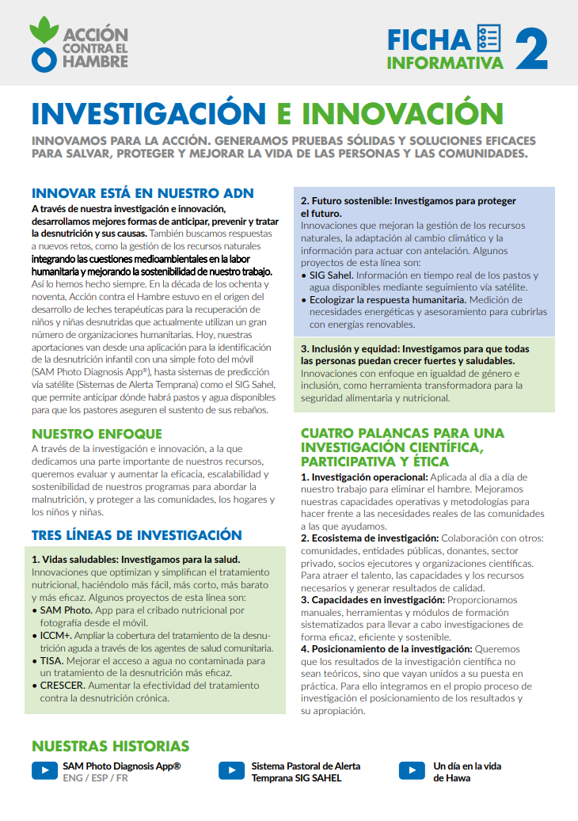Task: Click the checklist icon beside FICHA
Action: coord(489,37)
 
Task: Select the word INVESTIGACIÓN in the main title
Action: coord(147,113)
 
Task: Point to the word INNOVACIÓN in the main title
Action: coord(391,113)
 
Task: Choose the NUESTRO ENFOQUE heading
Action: coord(97,434)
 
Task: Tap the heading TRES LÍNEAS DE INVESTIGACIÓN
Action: coord(136,535)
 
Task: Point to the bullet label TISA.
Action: coord(53,660)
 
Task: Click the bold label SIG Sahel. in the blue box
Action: coord(330,275)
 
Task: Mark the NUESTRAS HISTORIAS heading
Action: coord(110,747)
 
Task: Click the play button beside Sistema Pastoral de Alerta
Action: coord(231,770)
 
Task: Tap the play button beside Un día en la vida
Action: coord(412,770)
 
